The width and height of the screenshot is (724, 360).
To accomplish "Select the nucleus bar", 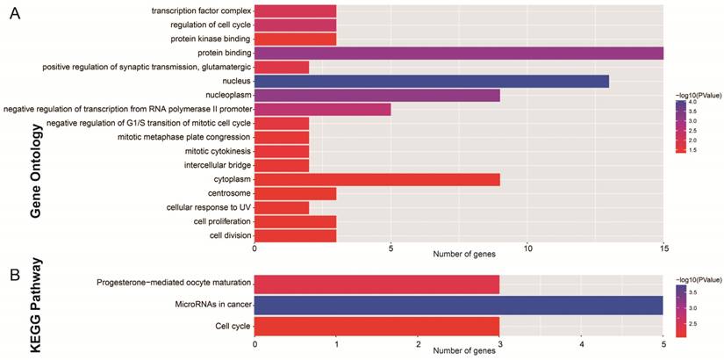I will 431,81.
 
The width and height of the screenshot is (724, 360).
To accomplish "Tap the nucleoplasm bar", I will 376,95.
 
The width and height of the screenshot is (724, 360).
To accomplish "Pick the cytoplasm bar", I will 376,179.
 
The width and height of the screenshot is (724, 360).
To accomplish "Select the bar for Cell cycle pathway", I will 376,327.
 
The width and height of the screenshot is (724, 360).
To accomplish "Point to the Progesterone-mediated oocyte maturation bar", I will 376,284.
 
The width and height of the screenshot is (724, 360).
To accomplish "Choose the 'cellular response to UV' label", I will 209,207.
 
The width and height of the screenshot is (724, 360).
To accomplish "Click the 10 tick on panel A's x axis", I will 527,248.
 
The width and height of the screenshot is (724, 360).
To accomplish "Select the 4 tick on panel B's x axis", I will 581,344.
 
